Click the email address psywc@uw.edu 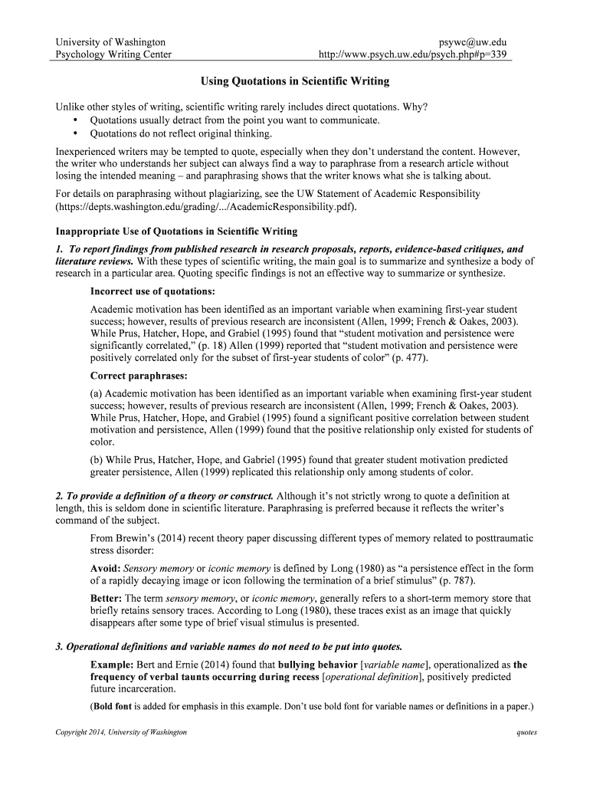(471, 41)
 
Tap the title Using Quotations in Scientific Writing (295, 80)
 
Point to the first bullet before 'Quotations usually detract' (75, 120)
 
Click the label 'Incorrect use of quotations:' (152, 291)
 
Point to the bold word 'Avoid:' (106, 568)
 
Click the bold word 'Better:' (107, 598)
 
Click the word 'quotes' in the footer (526, 732)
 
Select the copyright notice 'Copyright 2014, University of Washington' (121, 732)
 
